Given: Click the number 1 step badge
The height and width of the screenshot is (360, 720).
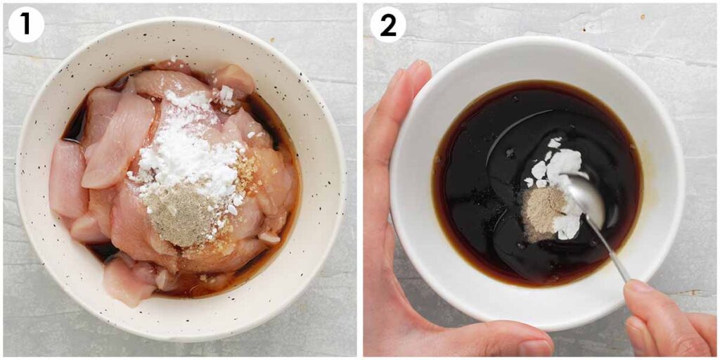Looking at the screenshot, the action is pos(26,25).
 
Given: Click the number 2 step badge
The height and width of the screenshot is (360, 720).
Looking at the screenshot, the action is pos(388,25).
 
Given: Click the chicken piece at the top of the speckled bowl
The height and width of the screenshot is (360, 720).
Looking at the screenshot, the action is pos(232,83).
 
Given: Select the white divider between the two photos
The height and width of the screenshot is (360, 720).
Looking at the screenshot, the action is pos(360,180).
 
